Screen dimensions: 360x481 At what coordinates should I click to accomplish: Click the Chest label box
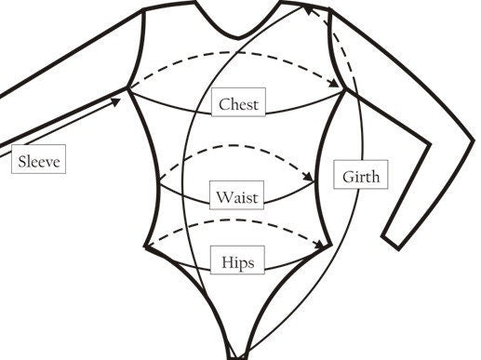click(x=238, y=103)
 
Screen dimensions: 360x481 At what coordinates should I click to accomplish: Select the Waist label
click(x=238, y=197)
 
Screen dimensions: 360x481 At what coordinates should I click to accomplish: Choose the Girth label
click(x=361, y=176)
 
